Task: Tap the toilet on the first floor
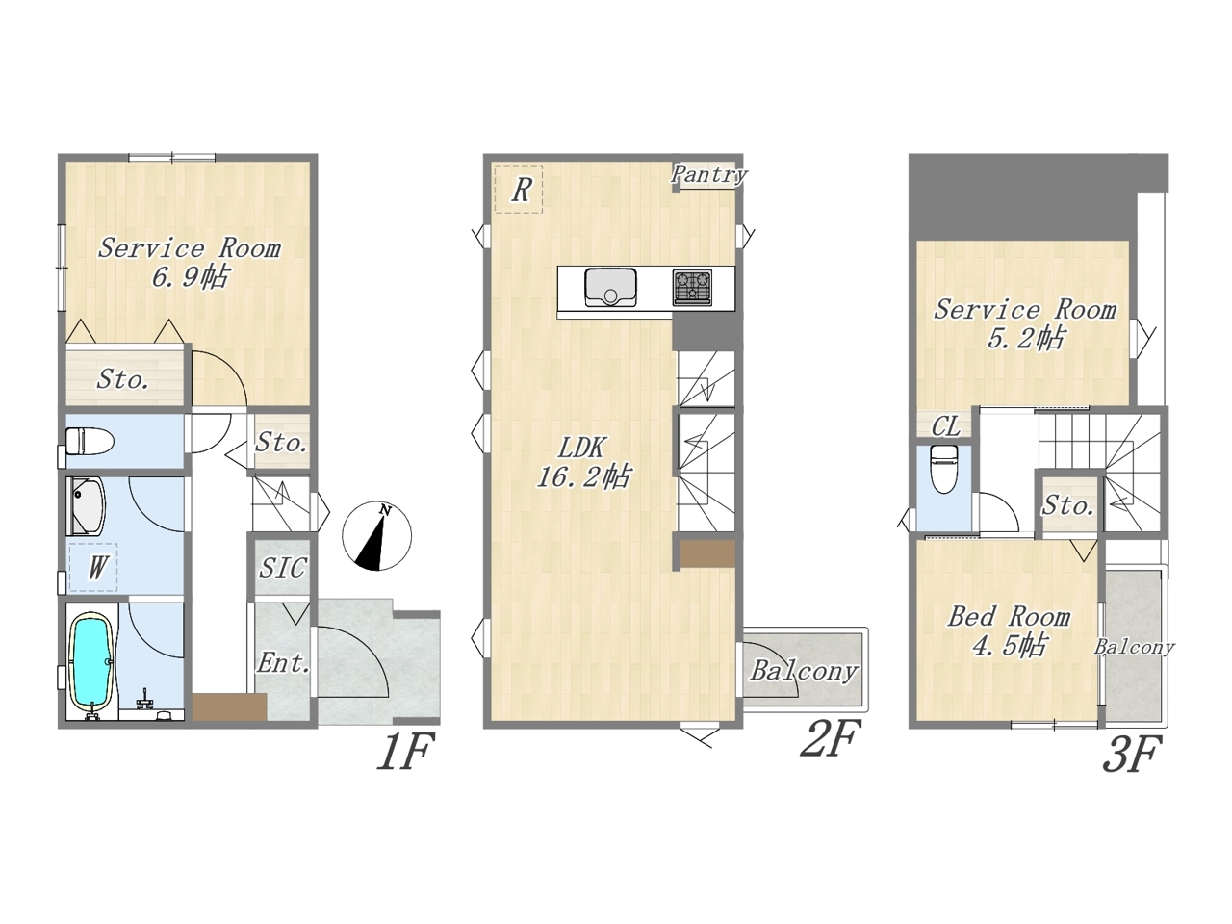click(x=90, y=441)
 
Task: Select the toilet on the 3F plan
click(x=943, y=469)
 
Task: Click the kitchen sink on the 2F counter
click(x=610, y=287)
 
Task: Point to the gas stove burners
click(x=692, y=288)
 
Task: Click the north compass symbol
click(x=376, y=536)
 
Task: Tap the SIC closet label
click(x=282, y=568)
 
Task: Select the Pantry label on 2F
click(x=709, y=174)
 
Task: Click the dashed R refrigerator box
click(x=518, y=189)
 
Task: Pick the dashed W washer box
click(x=93, y=567)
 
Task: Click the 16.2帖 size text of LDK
click(x=583, y=477)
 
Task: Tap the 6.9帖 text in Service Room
click(x=190, y=277)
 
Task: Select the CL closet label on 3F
click(x=946, y=427)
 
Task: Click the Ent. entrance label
click(x=283, y=664)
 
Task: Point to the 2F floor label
click(x=830, y=739)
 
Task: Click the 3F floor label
click(x=1132, y=754)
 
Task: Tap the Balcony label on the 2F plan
click(x=804, y=671)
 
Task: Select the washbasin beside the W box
click(x=87, y=506)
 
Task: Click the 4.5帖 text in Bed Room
click(x=1009, y=645)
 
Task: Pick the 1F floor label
click(x=406, y=753)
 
